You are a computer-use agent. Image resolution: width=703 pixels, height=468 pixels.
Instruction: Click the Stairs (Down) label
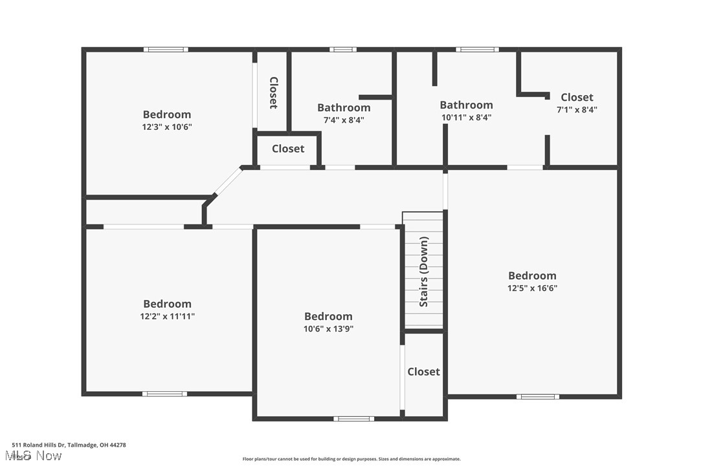(424, 271)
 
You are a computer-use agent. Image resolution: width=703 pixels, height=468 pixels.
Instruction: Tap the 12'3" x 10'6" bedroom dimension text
(167, 127)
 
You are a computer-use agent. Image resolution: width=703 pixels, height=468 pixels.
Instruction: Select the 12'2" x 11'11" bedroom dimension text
(167, 316)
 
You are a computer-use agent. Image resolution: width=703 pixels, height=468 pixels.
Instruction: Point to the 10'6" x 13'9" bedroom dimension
(328, 328)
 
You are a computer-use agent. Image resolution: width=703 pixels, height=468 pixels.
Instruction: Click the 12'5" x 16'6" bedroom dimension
(532, 288)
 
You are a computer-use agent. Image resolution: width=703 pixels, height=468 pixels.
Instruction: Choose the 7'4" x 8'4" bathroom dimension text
(344, 120)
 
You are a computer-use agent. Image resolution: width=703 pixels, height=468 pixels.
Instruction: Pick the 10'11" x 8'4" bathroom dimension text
(466, 118)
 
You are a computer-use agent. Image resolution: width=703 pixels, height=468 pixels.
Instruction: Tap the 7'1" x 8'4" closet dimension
(577, 110)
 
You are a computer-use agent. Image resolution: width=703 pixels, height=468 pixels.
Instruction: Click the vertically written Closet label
(273, 93)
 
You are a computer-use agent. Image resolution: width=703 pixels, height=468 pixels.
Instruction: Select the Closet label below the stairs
(423, 372)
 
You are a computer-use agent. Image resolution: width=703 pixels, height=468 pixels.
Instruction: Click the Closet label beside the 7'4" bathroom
(288, 149)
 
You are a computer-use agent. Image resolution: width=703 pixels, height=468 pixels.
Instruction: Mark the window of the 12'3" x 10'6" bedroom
(166, 49)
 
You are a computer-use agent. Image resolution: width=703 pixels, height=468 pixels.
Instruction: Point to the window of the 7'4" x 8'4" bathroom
(342, 49)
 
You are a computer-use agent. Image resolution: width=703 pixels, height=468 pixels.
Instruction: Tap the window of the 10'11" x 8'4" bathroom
(477, 49)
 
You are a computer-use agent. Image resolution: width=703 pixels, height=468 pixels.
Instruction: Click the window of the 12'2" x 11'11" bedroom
(164, 394)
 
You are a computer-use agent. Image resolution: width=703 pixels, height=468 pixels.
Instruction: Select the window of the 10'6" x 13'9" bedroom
(353, 419)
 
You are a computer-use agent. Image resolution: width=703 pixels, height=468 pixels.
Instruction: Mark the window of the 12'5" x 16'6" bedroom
(538, 396)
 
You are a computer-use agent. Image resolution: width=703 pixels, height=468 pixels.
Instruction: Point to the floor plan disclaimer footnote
(351, 459)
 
